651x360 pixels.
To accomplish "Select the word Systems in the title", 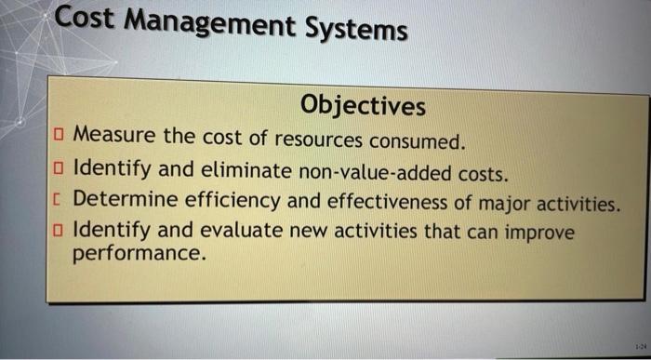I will (358, 30).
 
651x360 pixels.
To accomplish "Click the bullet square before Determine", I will (60, 199).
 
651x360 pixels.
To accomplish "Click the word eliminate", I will (251, 171).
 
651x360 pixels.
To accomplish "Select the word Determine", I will (125, 200).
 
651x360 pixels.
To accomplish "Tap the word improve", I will (543, 233).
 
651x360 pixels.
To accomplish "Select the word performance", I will (137, 253).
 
